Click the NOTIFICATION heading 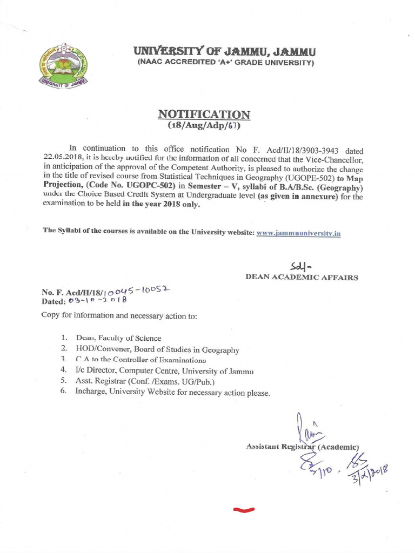(204, 114)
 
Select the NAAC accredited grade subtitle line (225, 63)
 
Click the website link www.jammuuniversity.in (298, 233)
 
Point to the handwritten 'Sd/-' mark (300, 266)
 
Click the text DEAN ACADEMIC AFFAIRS (302, 278)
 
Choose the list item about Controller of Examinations (140, 360)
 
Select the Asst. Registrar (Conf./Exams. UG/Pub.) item (145, 381)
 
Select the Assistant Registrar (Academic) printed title (302, 447)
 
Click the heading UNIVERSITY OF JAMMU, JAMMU (225, 52)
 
